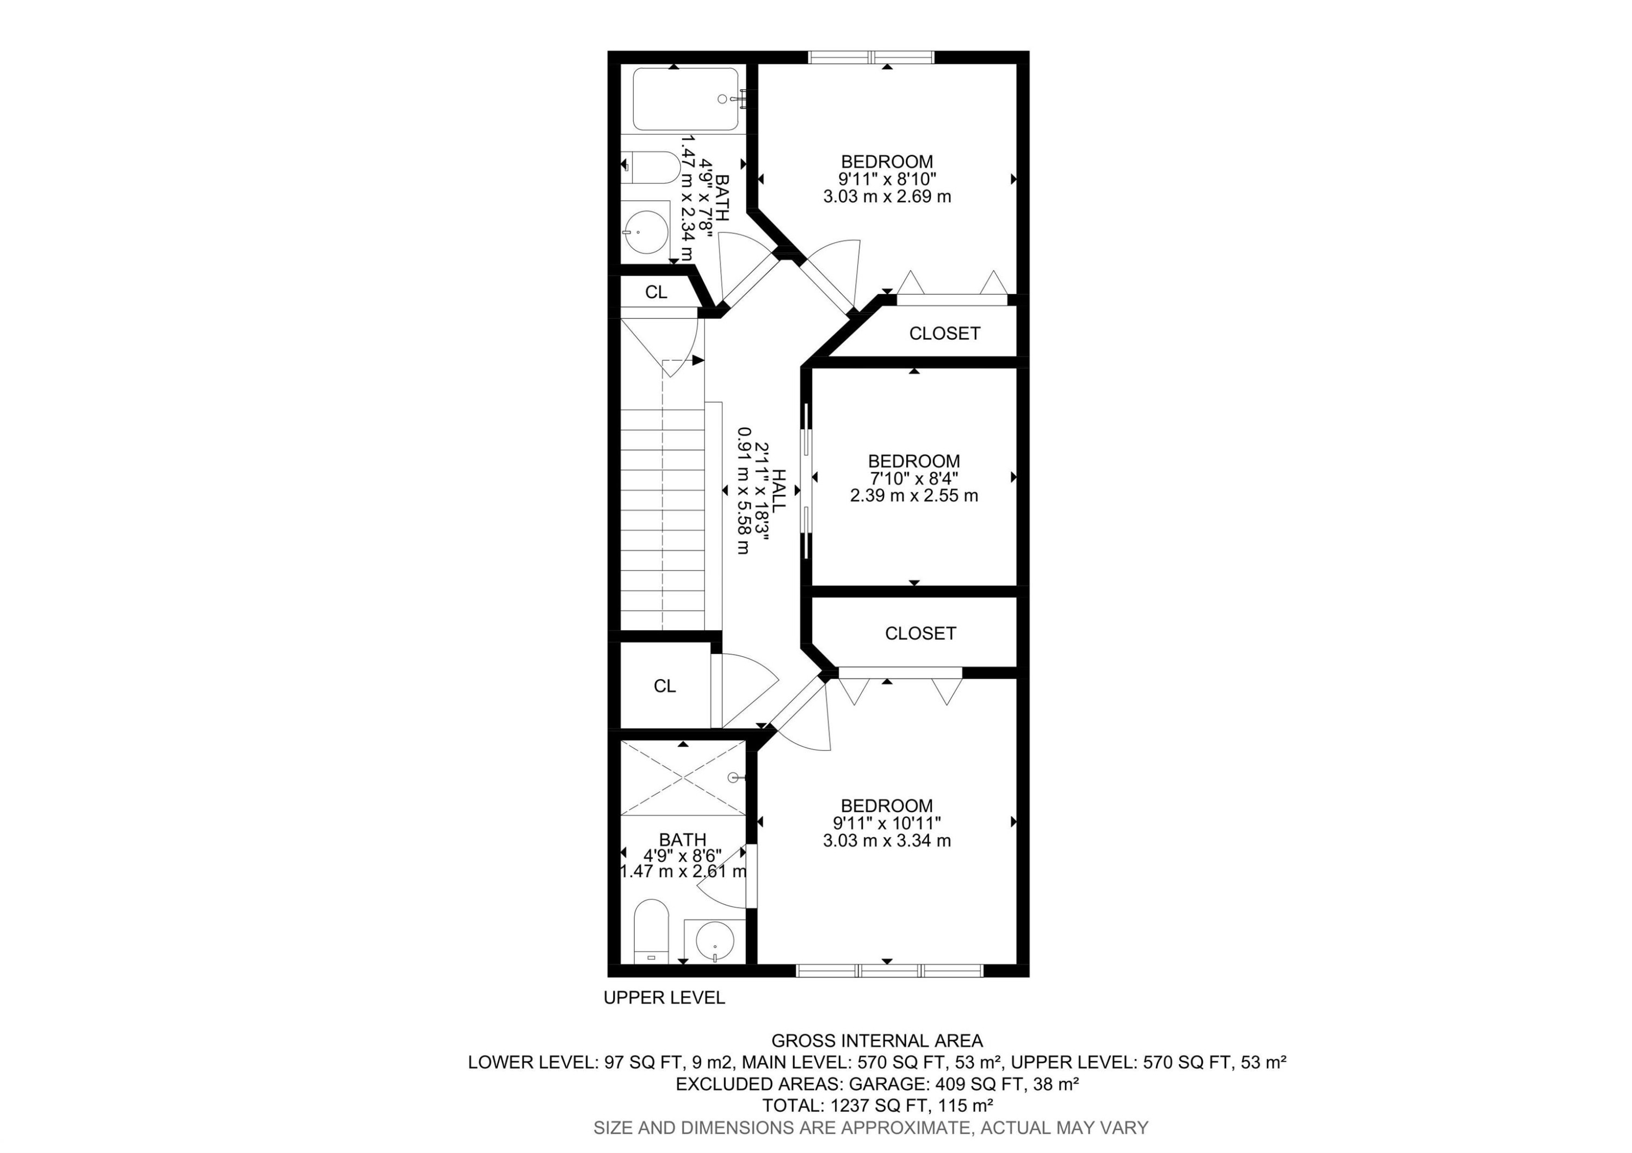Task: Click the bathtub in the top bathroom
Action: pos(685,100)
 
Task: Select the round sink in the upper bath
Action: pos(647,231)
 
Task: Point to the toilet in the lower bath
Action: pos(651,931)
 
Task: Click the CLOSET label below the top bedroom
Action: pos(944,334)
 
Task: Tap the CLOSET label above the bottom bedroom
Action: pos(920,633)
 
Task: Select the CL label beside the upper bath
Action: pos(656,292)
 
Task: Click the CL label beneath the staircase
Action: pos(665,686)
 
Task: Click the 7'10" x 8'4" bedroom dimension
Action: pos(913,478)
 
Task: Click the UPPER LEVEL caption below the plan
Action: pos(664,998)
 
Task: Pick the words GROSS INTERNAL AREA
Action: pos(876,1041)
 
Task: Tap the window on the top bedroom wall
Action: pos(871,58)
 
